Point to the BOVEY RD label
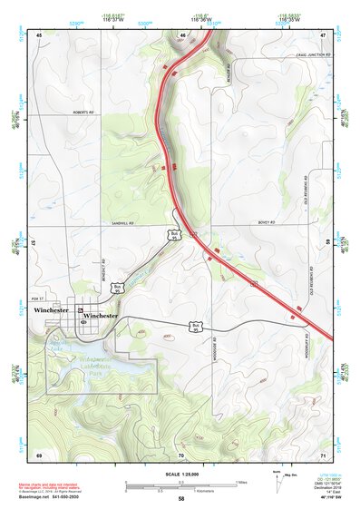coord(265,222)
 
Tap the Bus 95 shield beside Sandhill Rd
coord(174,235)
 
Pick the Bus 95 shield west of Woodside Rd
coord(195,325)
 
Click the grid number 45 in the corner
coord(39,35)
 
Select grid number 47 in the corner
coord(322,35)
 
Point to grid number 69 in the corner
coord(39,453)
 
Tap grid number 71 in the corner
coord(322,453)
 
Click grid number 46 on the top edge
coord(182,35)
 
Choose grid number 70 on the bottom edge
coord(181,453)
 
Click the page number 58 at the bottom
coord(181,499)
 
